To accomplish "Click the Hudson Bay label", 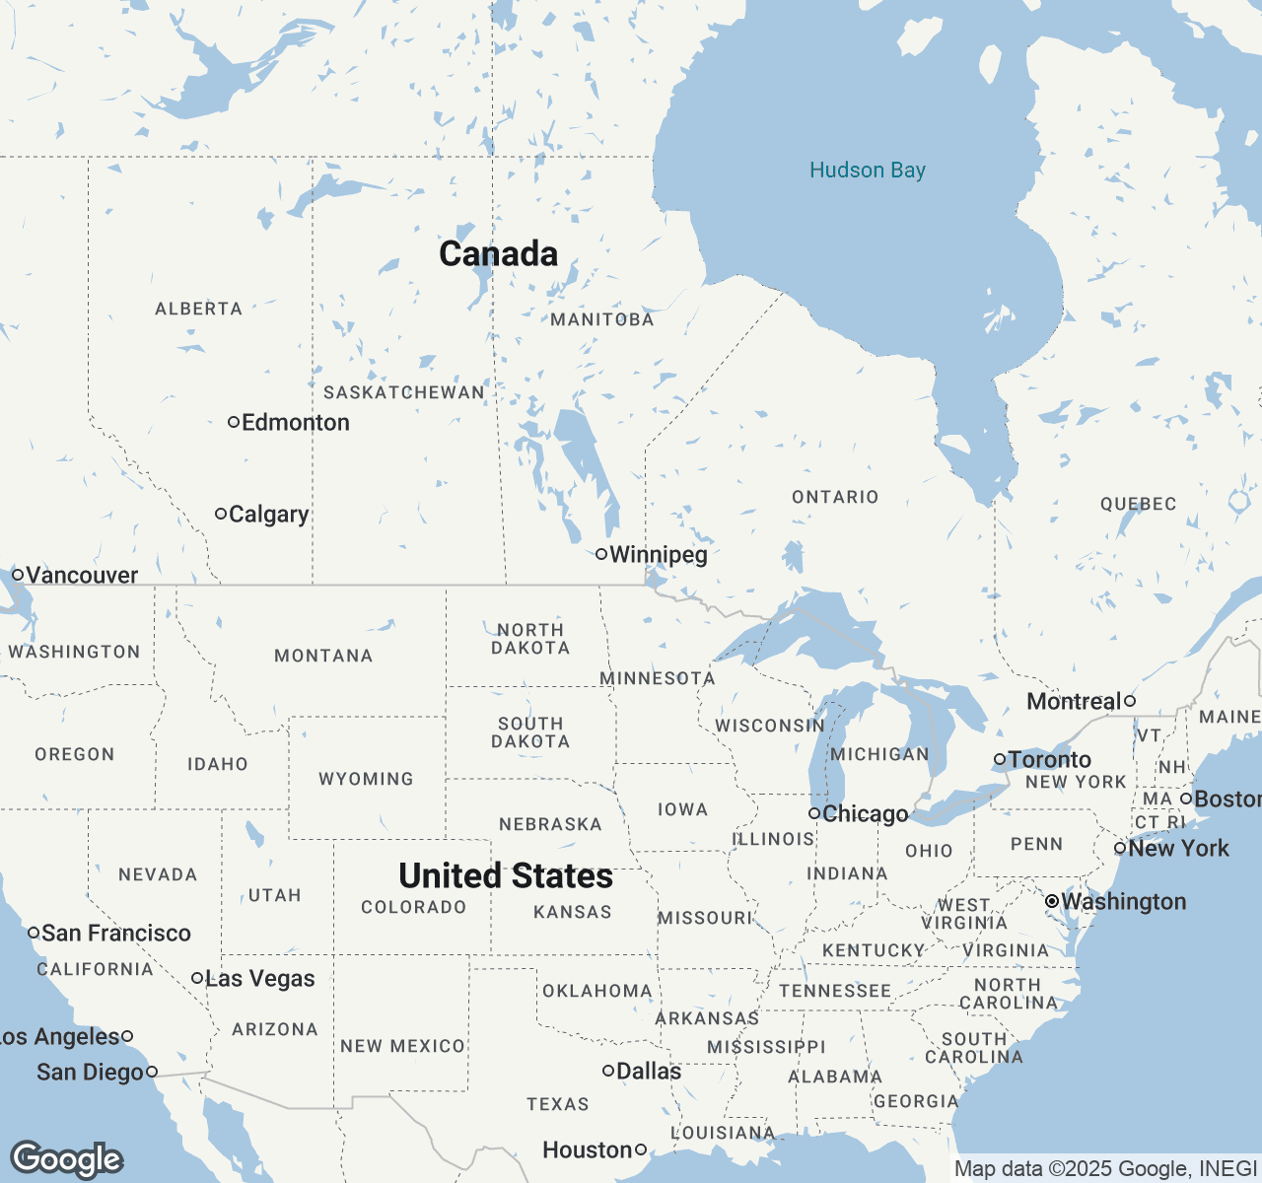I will point(867,171).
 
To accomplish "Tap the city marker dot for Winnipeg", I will point(600,554).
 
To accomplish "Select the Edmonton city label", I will point(295,423).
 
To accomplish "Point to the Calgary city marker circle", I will point(221,514).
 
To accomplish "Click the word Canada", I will point(498,254).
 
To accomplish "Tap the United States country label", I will point(506,875).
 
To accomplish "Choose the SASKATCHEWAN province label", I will point(404,392).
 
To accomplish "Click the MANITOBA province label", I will point(601,319).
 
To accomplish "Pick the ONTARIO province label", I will point(835,497).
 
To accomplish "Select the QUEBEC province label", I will point(1138,504).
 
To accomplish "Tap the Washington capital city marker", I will point(1052,901).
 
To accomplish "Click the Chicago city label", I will point(865,814).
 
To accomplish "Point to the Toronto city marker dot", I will point(999,759).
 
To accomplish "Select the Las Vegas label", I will point(259,979).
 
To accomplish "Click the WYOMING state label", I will point(366,779).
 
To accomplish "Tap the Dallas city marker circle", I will point(608,1071).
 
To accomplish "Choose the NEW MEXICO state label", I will point(402,1046).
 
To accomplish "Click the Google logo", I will point(66,1159).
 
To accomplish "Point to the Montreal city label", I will point(1074,702).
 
